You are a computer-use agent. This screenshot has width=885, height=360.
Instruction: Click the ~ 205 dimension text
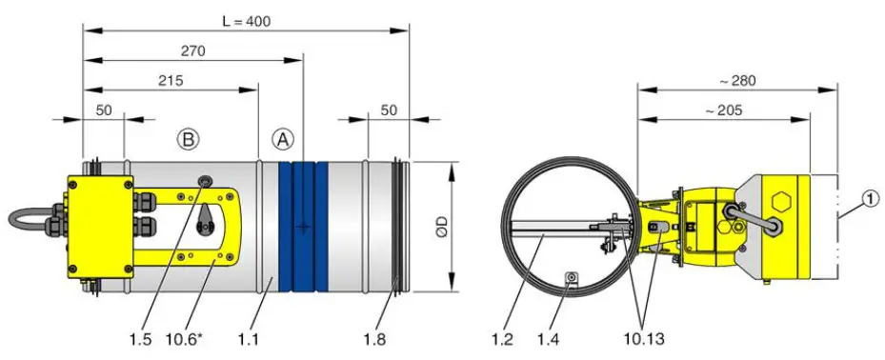724,110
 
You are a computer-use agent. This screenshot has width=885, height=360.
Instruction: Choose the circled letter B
189,139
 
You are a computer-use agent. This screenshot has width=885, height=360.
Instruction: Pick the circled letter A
283,139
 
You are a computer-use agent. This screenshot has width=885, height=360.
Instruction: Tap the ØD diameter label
438,228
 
